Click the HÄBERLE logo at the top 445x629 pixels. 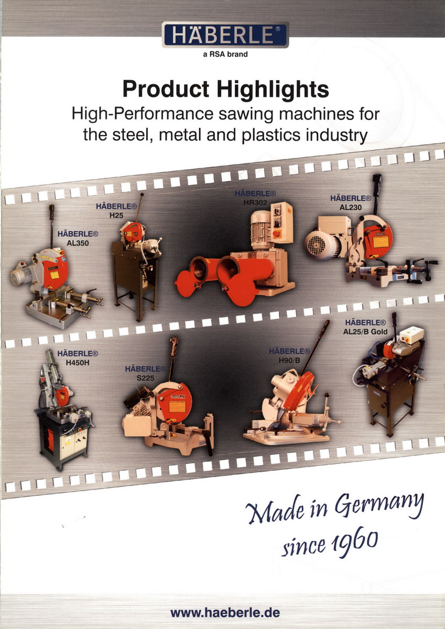[x=225, y=35]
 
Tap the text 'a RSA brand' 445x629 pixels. [x=225, y=54]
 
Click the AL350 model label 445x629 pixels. [x=78, y=243]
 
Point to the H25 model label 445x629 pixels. [x=116, y=215]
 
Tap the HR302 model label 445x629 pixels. [x=255, y=202]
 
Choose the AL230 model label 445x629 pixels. [x=351, y=208]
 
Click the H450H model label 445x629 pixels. [x=78, y=363]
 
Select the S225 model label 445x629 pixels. [x=145, y=378]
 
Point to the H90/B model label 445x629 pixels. [x=289, y=361]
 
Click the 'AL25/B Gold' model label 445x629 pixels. [x=365, y=332]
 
